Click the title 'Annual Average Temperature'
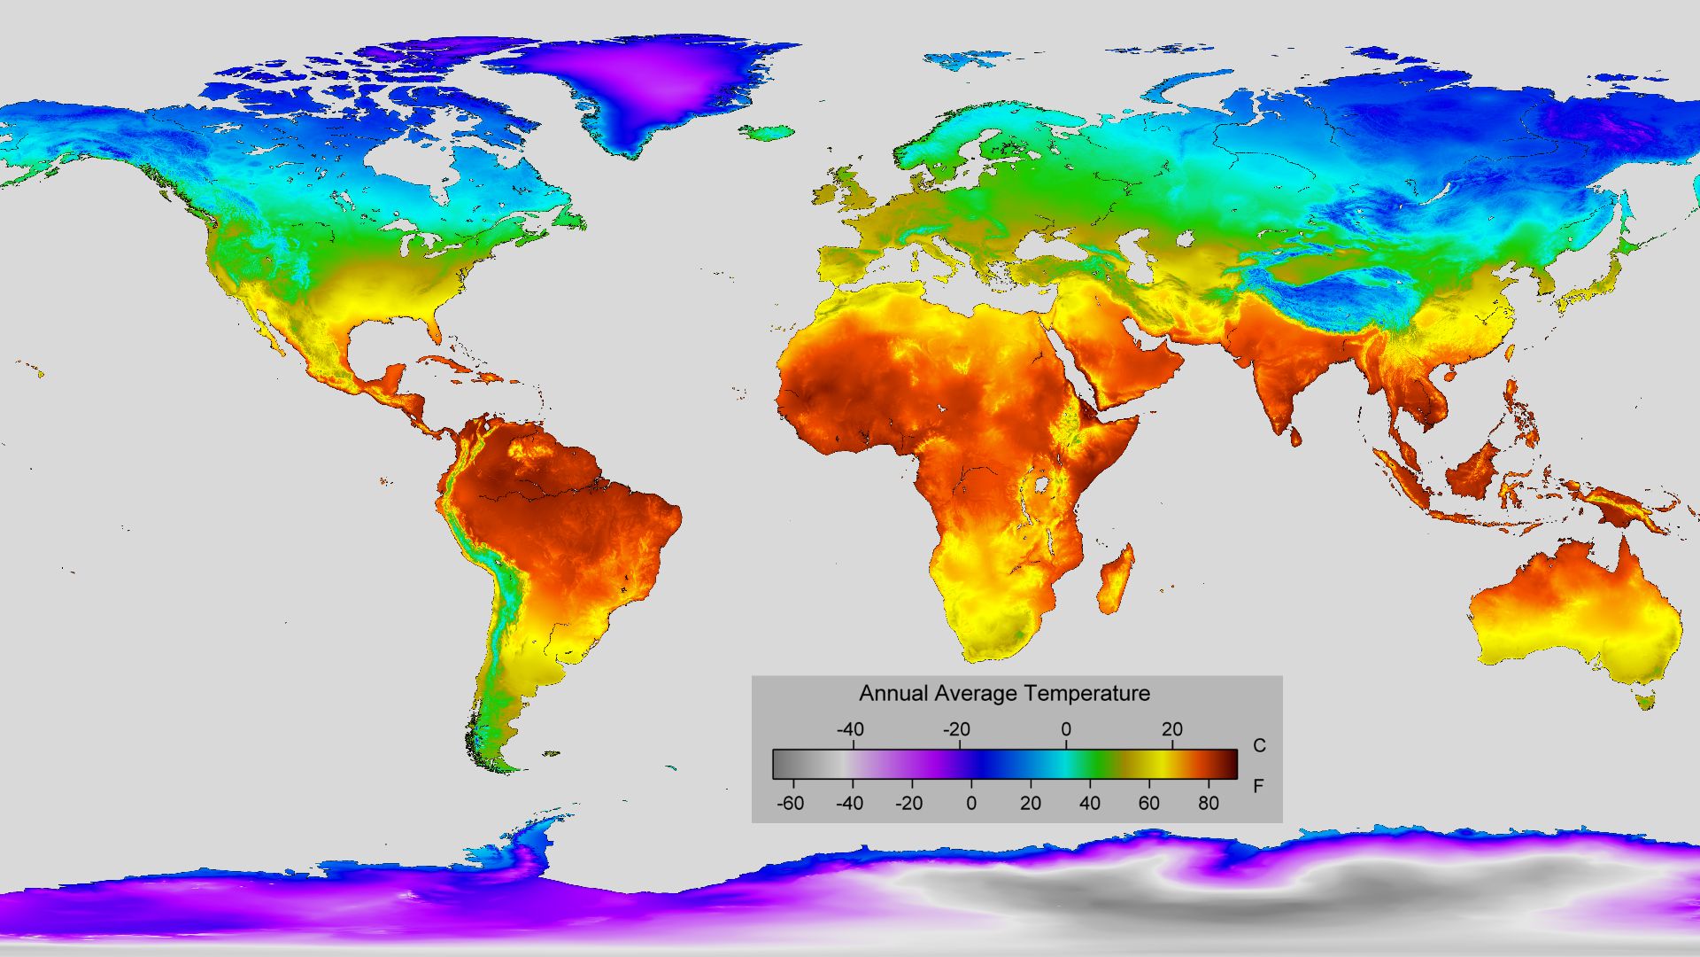click(1004, 693)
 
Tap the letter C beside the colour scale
click(1259, 745)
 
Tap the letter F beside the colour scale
click(1258, 786)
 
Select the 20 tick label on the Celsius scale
click(1171, 729)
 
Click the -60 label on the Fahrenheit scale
click(790, 804)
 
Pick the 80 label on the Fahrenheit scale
click(1208, 804)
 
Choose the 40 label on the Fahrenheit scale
click(1090, 804)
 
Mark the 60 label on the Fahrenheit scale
click(1148, 804)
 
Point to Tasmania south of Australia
click(1646, 703)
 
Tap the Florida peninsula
click(433, 329)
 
